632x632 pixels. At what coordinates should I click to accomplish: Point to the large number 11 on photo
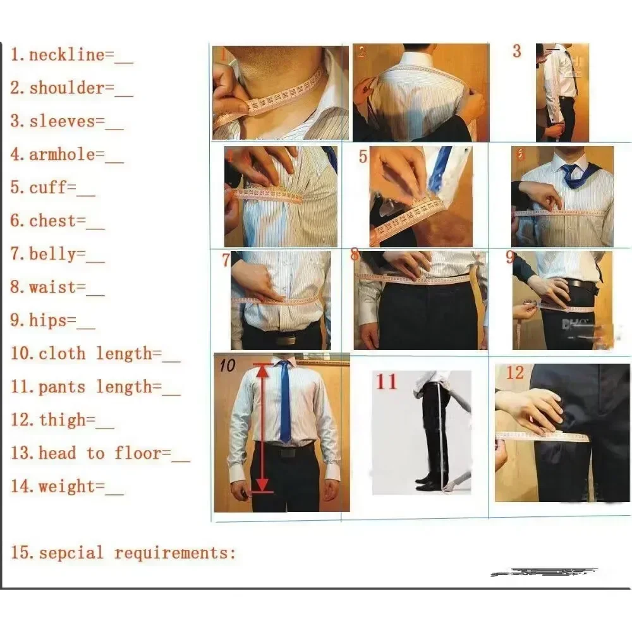(387, 382)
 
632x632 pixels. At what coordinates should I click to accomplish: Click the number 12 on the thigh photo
(514, 373)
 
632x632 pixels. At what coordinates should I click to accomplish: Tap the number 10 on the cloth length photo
(226, 365)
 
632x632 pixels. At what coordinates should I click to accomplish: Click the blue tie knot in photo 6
(569, 170)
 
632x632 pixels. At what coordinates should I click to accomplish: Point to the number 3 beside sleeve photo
(516, 52)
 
